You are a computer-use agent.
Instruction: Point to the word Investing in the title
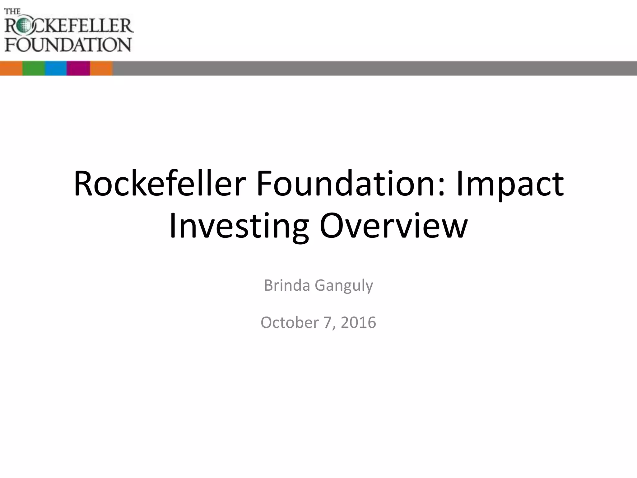click(x=239, y=226)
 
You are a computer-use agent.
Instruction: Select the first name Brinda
click(x=287, y=285)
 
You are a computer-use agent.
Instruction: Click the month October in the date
click(x=289, y=322)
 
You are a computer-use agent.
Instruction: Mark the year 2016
click(x=358, y=322)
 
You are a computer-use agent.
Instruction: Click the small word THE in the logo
click(x=12, y=12)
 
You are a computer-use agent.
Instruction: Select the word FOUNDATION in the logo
click(x=68, y=45)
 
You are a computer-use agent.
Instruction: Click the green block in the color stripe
click(x=34, y=68)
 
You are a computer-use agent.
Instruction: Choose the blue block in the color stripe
click(x=56, y=68)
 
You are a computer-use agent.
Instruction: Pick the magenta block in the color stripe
click(x=78, y=68)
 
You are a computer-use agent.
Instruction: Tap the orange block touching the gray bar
click(x=101, y=68)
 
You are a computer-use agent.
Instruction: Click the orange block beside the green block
click(x=11, y=68)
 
